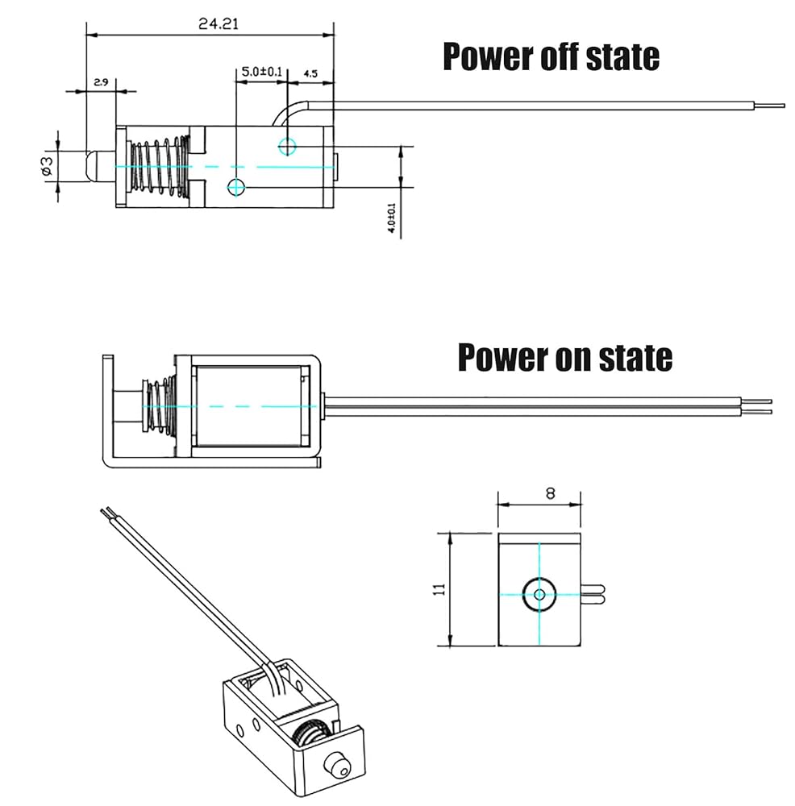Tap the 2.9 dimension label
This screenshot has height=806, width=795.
pos(101,82)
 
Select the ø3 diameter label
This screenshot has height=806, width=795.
pos(47,165)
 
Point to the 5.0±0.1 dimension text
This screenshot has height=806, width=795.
pos(262,73)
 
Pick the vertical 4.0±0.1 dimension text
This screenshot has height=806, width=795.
pos(392,218)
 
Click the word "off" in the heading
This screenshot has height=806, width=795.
pos(556,56)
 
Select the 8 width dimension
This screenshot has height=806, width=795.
pos(550,494)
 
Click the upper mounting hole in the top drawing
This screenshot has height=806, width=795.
pos(287,146)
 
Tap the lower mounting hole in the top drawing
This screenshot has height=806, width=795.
pos(236,187)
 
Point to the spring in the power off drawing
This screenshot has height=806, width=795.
pos(160,166)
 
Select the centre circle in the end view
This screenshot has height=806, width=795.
pos(539,595)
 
